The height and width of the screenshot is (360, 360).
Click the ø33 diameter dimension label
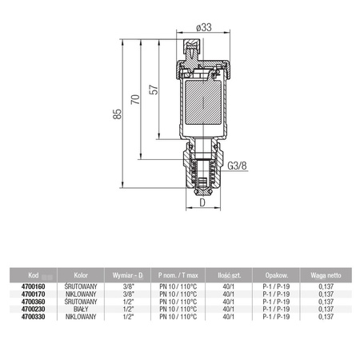[x=204, y=27]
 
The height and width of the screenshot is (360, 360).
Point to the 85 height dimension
[x=118, y=114]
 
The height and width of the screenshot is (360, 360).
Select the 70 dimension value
[x=135, y=99]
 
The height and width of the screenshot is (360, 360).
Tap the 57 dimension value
[x=154, y=90]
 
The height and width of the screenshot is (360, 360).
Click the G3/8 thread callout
[x=237, y=166]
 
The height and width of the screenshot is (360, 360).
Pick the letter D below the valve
[x=202, y=202]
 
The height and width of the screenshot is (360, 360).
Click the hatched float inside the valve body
[x=203, y=102]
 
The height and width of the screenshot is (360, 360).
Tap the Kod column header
[x=34, y=275]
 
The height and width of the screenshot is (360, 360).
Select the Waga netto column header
[x=326, y=275]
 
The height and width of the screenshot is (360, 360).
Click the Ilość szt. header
[x=229, y=275]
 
